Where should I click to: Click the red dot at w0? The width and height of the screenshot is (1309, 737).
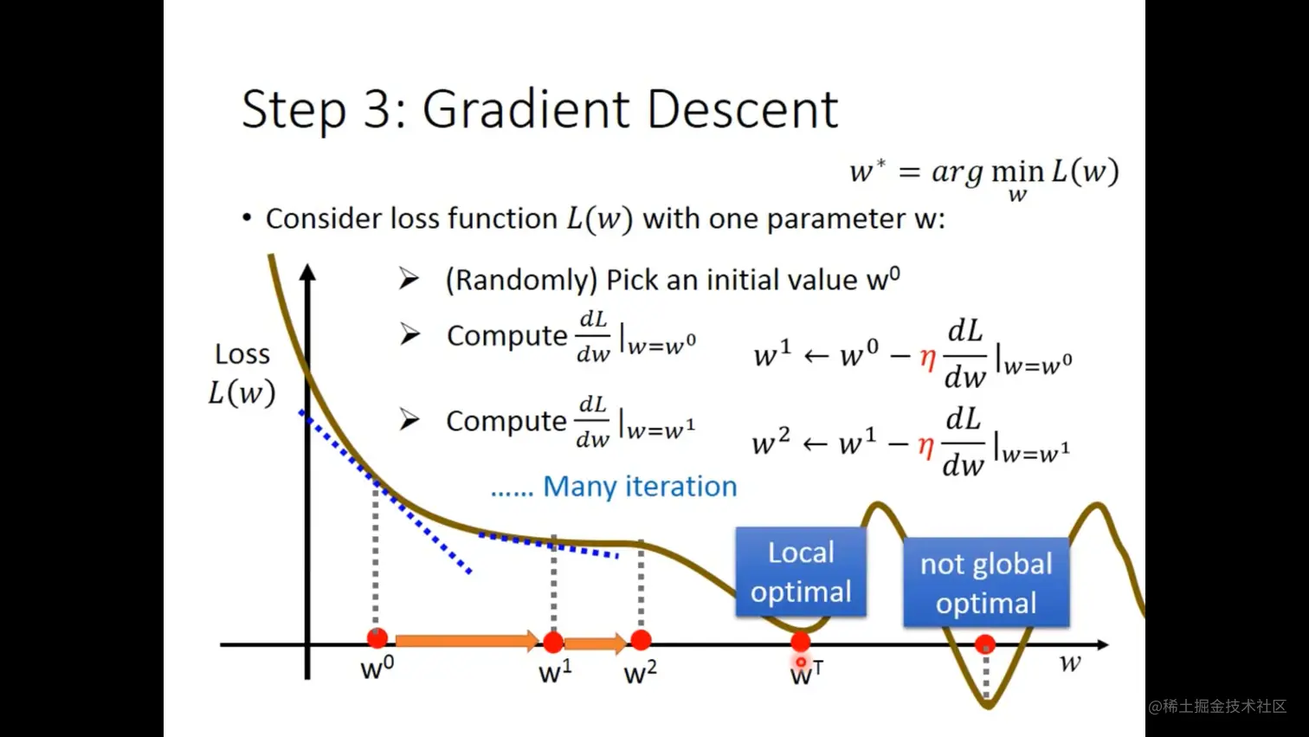(x=377, y=638)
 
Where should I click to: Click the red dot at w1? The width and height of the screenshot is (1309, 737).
(x=553, y=642)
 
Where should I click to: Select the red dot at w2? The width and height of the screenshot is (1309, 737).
(x=641, y=640)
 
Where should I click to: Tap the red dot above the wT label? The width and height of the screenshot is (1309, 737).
(x=801, y=642)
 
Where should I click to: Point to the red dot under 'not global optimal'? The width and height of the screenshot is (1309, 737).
(x=985, y=644)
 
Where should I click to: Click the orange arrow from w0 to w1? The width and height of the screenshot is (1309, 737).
(x=467, y=641)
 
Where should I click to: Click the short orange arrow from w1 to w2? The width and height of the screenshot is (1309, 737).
(x=596, y=643)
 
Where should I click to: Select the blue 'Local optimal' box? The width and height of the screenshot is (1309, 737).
(x=801, y=572)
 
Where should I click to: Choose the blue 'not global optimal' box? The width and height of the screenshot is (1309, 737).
(x=986, y=583)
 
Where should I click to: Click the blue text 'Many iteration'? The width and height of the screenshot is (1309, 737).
(x=640, y=486)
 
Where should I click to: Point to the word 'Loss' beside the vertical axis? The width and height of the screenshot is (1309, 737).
(x=242, y=354)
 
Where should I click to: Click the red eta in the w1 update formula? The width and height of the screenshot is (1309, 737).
(x=927, y=357)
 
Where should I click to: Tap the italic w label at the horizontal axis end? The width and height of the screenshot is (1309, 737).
(x=1070, y=663)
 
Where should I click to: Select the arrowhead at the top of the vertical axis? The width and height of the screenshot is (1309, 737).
(x=307, y=272)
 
